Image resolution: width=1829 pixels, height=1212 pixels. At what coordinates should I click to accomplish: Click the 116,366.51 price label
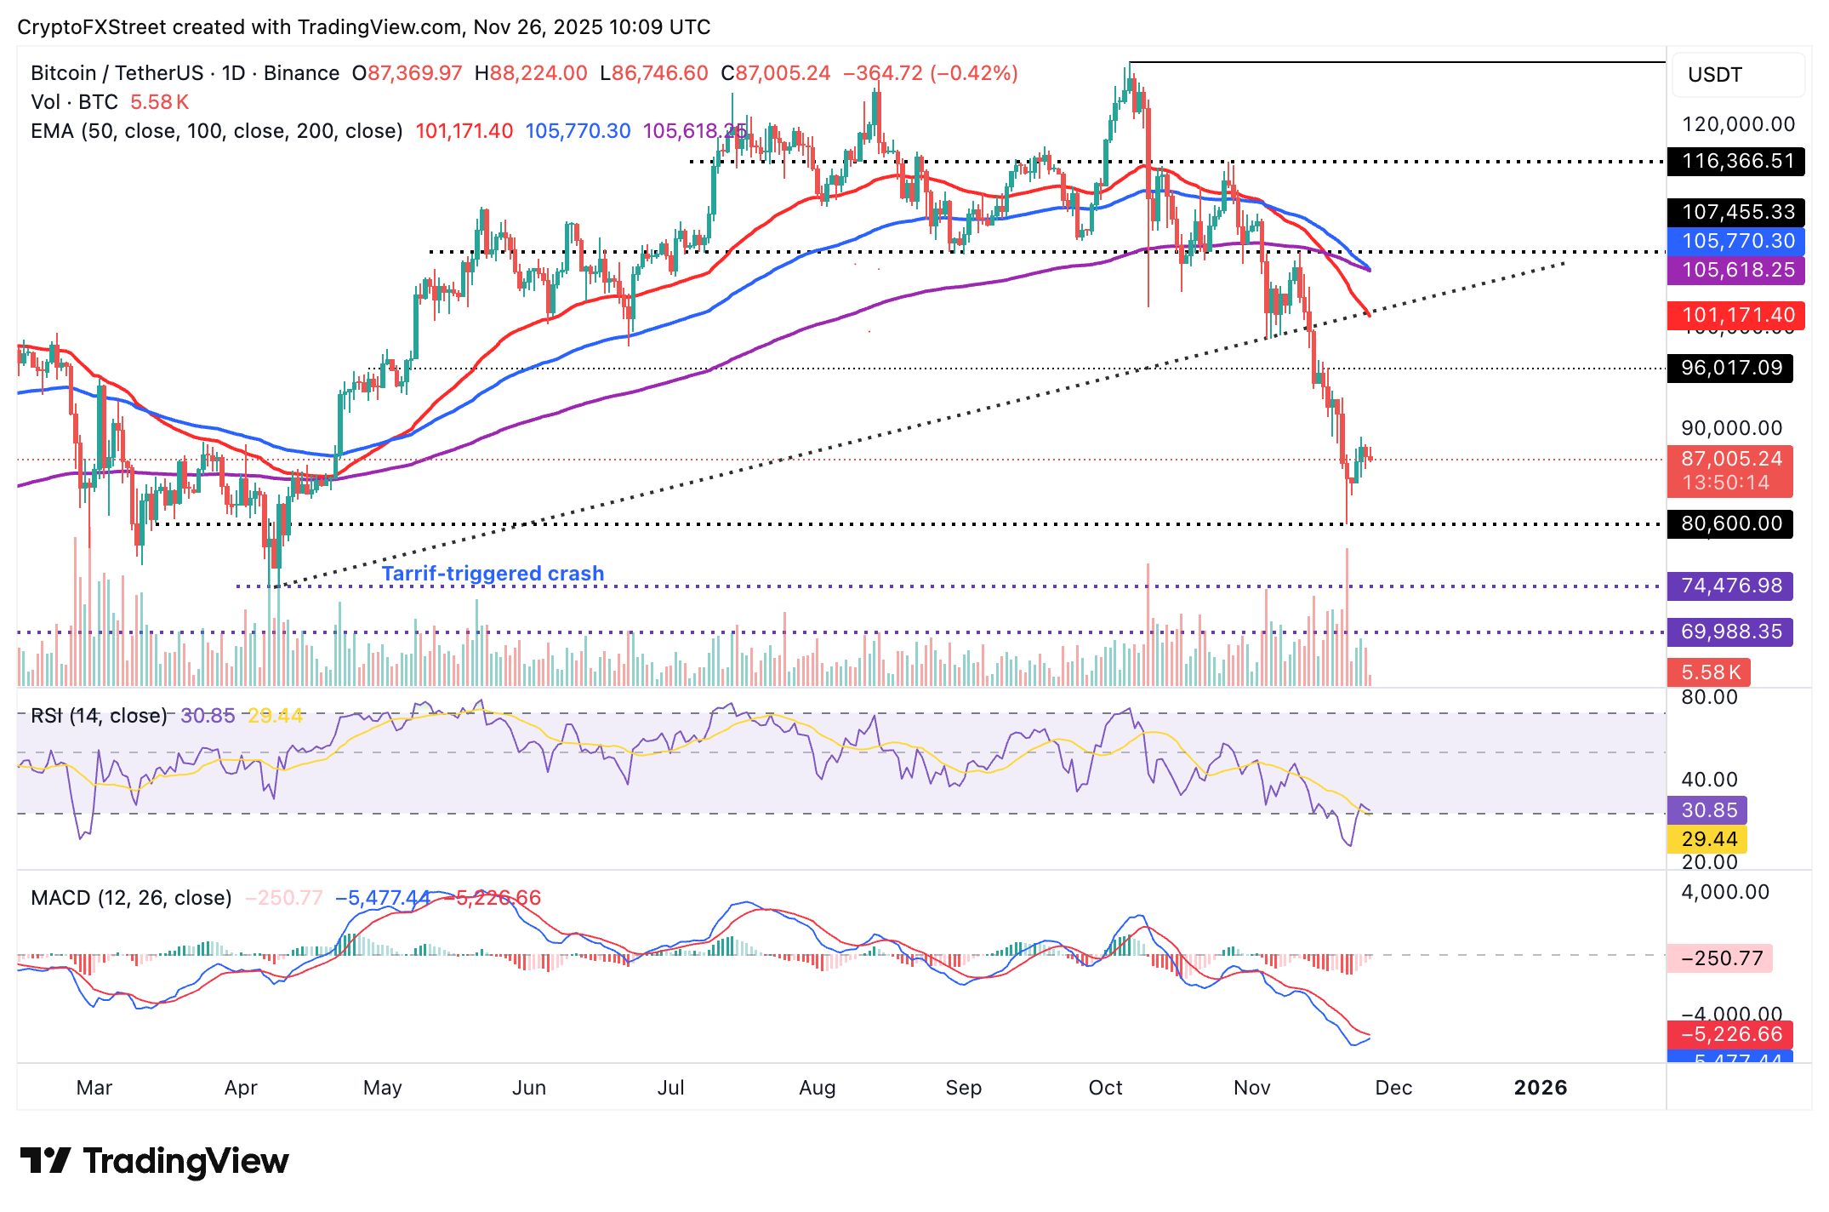[1735, 161]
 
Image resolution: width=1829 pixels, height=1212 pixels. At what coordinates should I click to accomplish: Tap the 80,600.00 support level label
[1730, 523]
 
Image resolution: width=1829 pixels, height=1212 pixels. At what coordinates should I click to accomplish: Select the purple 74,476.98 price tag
[1730, 586]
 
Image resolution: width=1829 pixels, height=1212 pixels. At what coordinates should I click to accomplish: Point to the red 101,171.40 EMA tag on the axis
[1735, 314]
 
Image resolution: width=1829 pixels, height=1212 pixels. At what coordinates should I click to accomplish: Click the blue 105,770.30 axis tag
[1735, 241]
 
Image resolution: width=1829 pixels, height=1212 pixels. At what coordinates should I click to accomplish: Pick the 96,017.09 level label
[1730, 368]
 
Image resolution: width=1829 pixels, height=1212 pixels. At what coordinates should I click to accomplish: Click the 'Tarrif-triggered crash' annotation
[493, 573]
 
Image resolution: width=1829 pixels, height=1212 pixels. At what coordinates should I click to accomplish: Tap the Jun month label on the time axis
[528, 1087]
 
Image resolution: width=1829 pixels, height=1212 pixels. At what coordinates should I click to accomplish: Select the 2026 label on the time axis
[1540, 1087]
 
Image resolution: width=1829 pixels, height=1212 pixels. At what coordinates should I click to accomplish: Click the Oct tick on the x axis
[1105, 1087]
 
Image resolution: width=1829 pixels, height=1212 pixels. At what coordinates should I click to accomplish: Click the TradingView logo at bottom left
[154, 1161]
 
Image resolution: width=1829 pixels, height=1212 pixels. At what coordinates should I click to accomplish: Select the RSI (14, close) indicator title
[99, 716]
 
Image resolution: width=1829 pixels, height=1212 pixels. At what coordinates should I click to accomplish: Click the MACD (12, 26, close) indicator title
[131, 898]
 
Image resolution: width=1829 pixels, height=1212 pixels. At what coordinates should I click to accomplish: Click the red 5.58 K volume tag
[1708, 672]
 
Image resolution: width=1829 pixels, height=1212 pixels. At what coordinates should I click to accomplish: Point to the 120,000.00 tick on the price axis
[1738, 124]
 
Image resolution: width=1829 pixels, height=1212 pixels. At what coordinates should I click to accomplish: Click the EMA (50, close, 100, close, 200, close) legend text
[216, 131]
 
